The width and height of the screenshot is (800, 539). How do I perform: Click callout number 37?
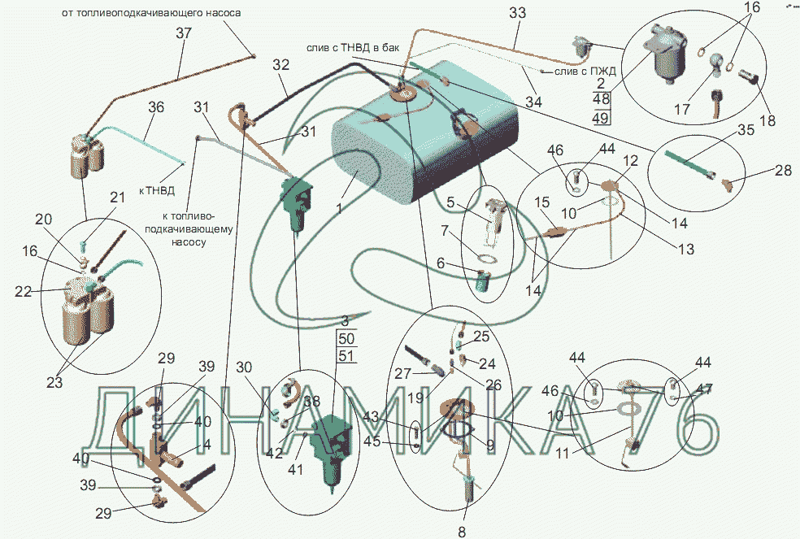tap(184, 33)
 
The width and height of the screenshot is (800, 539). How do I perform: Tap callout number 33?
tap(517, 13)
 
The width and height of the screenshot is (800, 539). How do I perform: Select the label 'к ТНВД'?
tap(156, 192)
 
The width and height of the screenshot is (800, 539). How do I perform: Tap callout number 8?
tap(462, 532)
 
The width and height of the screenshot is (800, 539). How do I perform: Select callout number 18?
tap(767, 120)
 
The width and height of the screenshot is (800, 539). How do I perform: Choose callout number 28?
tap(759, 172)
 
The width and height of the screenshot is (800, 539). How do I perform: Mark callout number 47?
tap(704, 389)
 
